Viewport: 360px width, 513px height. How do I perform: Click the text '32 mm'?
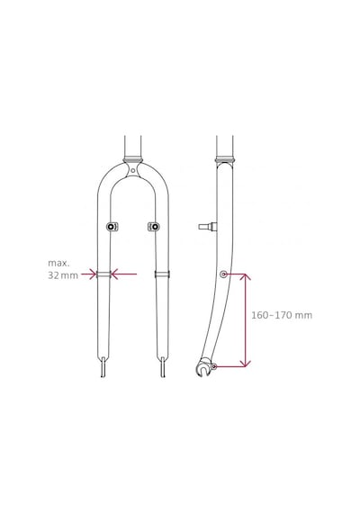tap(63, 275)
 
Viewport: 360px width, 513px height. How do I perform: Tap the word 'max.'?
tap(58, 263)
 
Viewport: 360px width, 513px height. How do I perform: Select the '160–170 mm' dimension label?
tap(282, 315)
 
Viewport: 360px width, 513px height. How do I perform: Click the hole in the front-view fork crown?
tap(132, 170)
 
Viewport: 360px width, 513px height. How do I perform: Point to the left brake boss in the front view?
tap(112, 227)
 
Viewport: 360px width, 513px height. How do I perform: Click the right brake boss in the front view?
tap(154, 227)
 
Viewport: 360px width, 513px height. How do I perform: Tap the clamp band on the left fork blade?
tap(103, 274)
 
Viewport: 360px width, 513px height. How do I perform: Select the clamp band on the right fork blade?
tap(162, 274)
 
